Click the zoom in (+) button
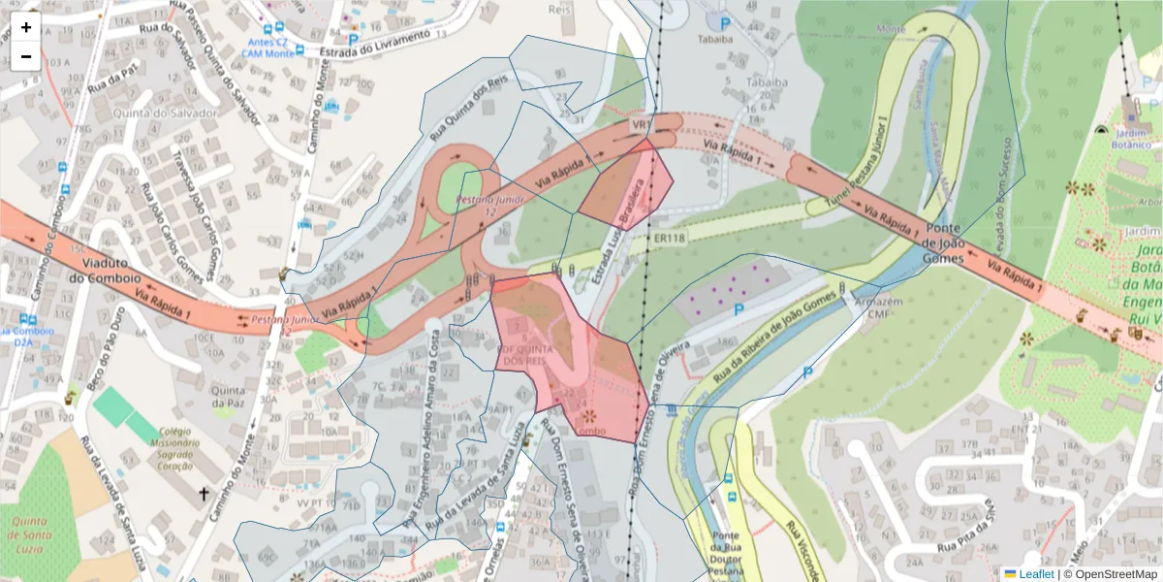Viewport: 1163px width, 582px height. click(x=26, y=28)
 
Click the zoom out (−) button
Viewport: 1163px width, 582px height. click(x=26, y=56)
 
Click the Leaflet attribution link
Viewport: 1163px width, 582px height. click(x=1036, y=574)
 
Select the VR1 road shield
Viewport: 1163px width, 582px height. click(x=642, y=125)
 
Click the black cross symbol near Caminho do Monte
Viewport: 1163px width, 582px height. click(x=204, y=496)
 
